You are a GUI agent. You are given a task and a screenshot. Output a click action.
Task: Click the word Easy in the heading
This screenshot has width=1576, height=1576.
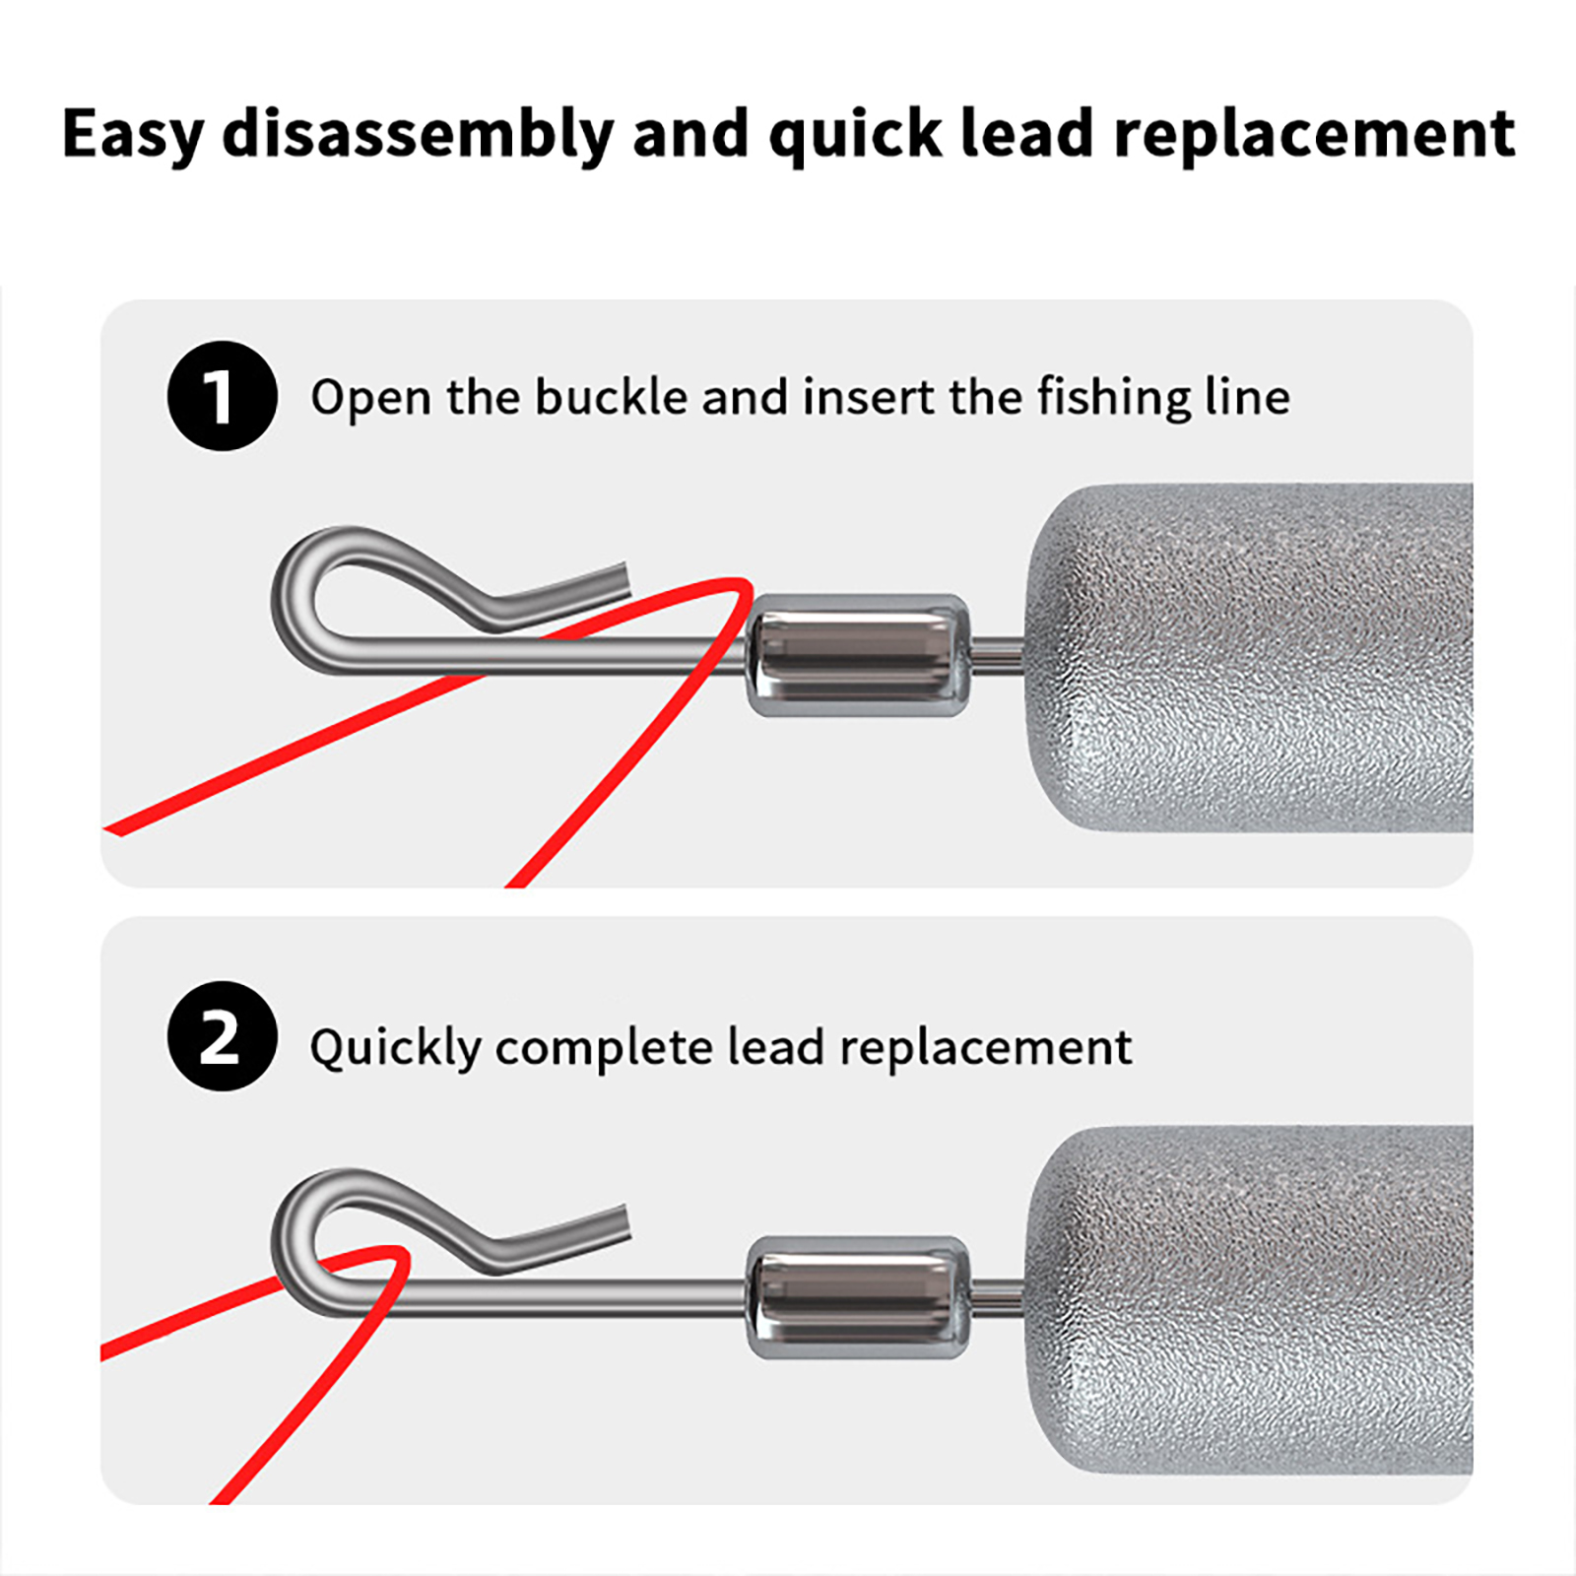coord(133,135)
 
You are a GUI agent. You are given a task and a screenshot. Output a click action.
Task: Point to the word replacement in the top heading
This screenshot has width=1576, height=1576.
coord(1314,135)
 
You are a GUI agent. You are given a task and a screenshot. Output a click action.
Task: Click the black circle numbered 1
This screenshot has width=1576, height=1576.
coord(223,396)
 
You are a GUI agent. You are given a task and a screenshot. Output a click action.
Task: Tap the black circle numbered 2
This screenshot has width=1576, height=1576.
coord(223,1036)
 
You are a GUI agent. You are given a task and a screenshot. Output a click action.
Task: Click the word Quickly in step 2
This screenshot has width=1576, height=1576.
coord(395,1047)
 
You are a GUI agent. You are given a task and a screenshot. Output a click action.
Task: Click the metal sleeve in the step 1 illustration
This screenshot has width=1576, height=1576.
coord(856,655)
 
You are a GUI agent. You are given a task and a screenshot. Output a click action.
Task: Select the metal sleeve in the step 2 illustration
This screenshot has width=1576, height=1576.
coord(856,1298)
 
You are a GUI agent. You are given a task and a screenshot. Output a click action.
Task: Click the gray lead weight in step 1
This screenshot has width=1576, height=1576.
coord(1249,657)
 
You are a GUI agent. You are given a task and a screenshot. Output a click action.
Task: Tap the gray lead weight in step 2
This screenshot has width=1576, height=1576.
coord(1249,1300)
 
